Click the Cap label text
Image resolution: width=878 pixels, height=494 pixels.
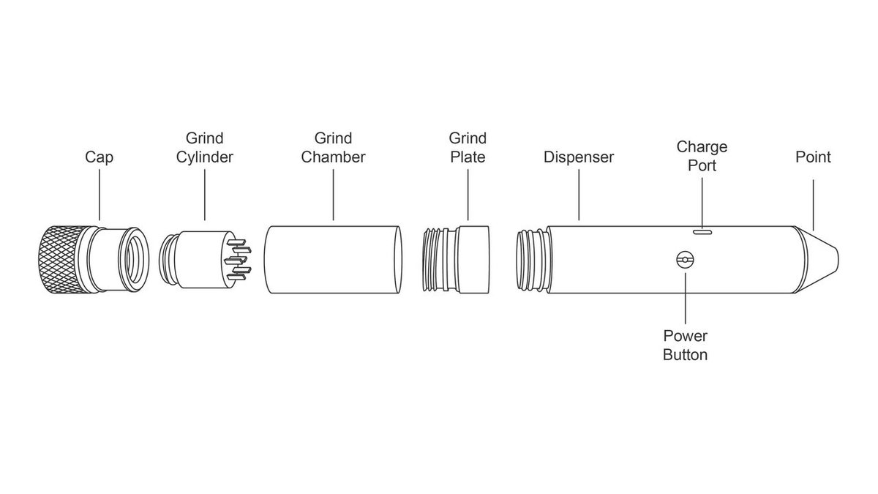click(x=100, y=157)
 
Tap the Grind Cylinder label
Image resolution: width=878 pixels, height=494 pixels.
click(x=204, y=147)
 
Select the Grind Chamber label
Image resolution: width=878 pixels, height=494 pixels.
click(x=334, y=147)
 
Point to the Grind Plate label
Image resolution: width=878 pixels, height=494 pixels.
click(x=468, y=147)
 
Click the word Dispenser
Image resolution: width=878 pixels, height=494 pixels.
click(x=579, y=157)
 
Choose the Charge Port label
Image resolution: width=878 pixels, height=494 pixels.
click(x=702, y=156)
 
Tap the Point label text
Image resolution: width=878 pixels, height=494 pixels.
click(x=813, y=157)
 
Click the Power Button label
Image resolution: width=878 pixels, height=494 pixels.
click(x=685, y=345)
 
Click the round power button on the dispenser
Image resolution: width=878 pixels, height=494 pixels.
click(x=685, y=260)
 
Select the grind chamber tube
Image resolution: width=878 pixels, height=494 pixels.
click(x=333, y=260)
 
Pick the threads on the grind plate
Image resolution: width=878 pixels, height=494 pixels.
click(x=435, y=260)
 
